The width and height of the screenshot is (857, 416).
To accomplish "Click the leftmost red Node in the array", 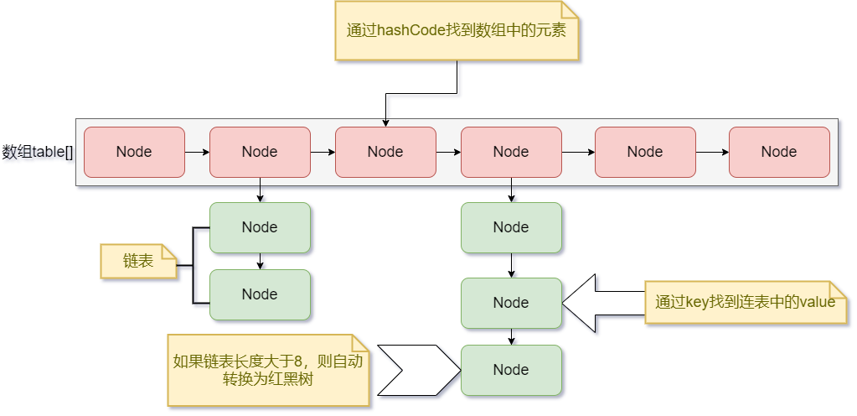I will tap(134, 152).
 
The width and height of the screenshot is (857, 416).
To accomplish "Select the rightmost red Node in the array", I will tap(779, 152).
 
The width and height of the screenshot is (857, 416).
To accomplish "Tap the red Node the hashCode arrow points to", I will tap(385, 152).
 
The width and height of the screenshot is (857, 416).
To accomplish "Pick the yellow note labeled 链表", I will tap(139, 261).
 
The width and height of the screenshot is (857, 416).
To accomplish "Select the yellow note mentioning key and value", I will tap(745, 302).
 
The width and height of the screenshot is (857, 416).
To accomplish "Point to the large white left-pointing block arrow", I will tap(603, 302).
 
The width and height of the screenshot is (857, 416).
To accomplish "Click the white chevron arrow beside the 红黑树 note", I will tap(415, 370).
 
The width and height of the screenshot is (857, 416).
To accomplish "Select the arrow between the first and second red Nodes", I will tap(197, 152).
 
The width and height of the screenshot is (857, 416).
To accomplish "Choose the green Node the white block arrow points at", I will tap(511, 303).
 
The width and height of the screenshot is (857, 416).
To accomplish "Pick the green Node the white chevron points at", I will tap(511, 370).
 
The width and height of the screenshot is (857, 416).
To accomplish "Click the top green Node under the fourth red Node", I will tap(511, 227).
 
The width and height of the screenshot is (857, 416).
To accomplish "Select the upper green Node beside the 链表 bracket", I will tap(260, 227).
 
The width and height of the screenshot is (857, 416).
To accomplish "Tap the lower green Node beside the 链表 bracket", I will tap(260, 294).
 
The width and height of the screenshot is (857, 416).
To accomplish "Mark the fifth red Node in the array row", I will tap(645, 152).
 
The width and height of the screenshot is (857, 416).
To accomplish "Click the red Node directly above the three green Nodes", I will tap(511, 152).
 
